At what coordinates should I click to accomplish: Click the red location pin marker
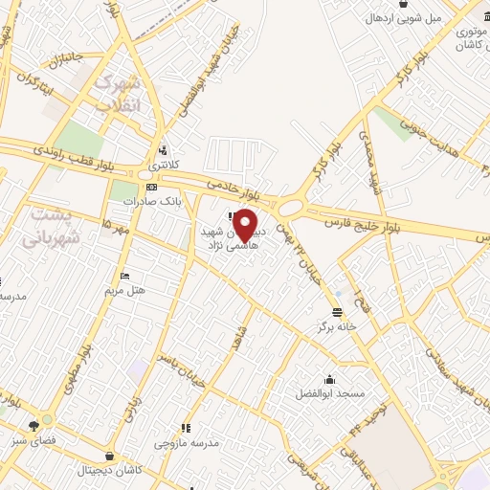coord(246,226)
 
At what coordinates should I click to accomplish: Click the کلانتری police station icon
coord(164,149)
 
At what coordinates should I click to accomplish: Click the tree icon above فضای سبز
coord(35,424)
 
